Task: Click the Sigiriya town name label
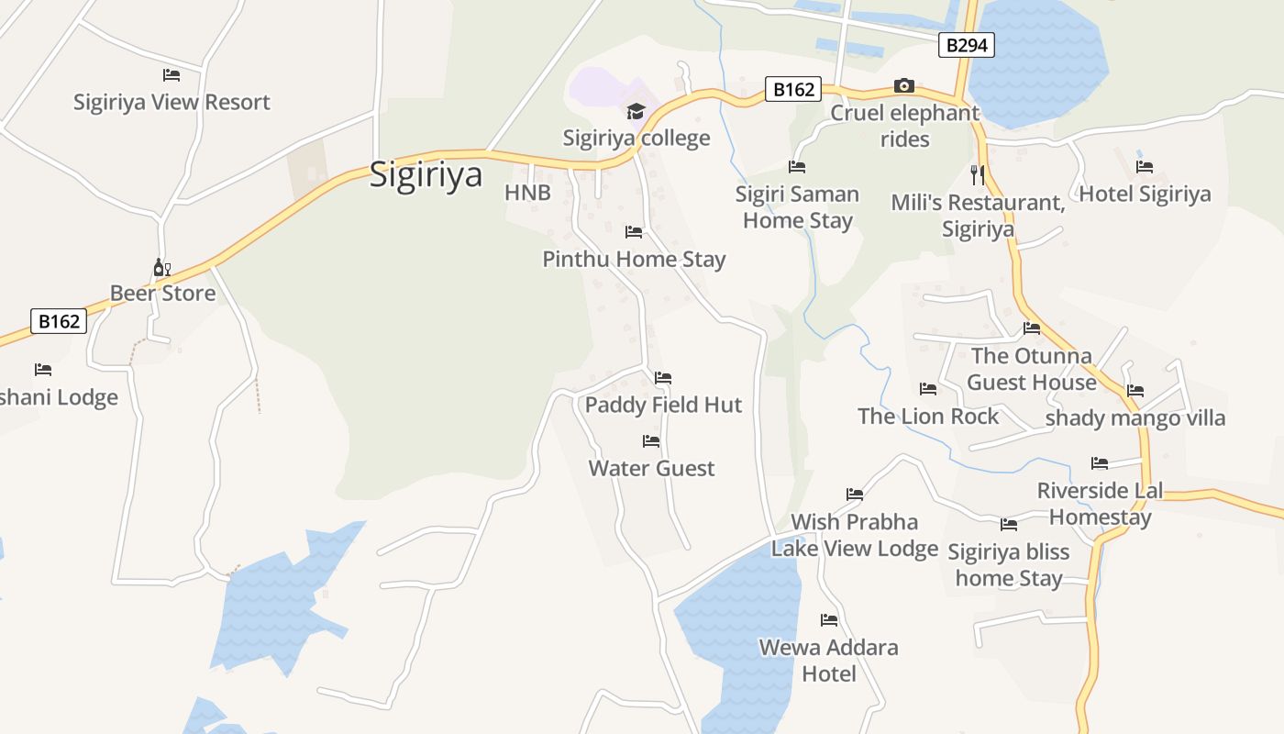pos(426,173)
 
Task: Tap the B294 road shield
pos(967,45)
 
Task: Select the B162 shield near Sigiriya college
pos(793,89)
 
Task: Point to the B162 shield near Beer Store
pos(60,321)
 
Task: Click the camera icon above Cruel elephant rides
pos(904,86)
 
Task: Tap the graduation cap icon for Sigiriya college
pos(636,112)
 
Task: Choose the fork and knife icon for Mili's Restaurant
pos(978,173)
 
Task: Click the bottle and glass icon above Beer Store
pos(161,268)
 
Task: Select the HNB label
pos(527,193)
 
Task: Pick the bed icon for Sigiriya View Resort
pos(172,75)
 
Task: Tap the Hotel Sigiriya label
pos(1145,194)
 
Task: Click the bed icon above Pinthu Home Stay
pos(634,232)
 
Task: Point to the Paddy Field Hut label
pos(663,405)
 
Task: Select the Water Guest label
pos(651,468)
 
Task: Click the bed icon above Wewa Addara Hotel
pos(829,620)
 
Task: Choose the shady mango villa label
pos(1135,418)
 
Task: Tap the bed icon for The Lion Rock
pos(928,389)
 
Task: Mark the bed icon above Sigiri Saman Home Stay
pos(797,167)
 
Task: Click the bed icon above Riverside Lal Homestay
pos(1100,463)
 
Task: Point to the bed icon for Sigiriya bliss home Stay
pos(1009,525)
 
